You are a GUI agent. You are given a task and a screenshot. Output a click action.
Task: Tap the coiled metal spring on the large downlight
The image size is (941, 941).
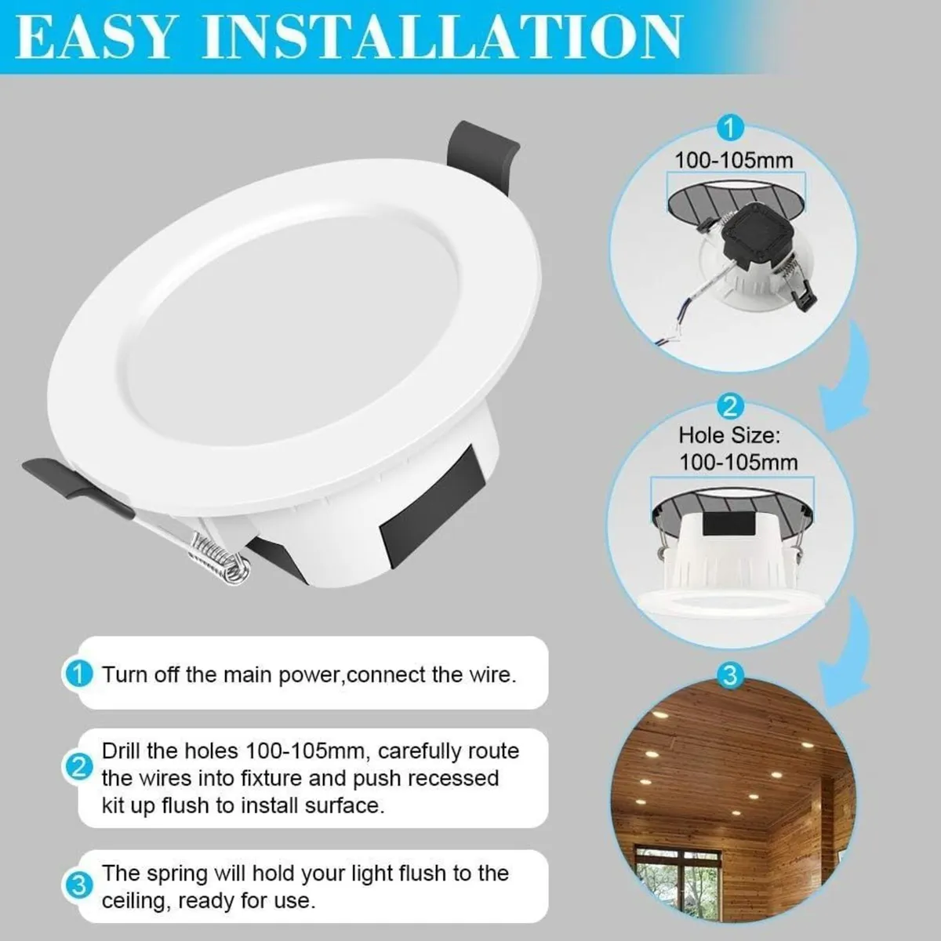coord(216,554)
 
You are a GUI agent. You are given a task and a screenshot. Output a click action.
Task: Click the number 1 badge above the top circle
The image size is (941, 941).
coord(730,127)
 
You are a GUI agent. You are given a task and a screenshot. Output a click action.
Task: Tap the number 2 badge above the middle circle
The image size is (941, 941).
coord(730,406)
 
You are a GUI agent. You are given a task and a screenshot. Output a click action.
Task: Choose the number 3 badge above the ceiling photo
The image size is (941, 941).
coord(730,674)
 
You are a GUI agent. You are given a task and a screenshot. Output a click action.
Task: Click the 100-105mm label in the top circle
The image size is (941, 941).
coord(734,160)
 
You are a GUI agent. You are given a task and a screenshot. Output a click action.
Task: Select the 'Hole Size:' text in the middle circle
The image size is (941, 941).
coord(729,434)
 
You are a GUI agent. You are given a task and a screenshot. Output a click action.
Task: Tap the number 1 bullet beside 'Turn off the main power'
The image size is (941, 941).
coord(78,674)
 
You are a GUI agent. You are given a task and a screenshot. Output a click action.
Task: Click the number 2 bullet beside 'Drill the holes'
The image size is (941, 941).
coord(78,766)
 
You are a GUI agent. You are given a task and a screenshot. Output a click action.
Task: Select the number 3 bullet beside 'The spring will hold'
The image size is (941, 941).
coord(78,886)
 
